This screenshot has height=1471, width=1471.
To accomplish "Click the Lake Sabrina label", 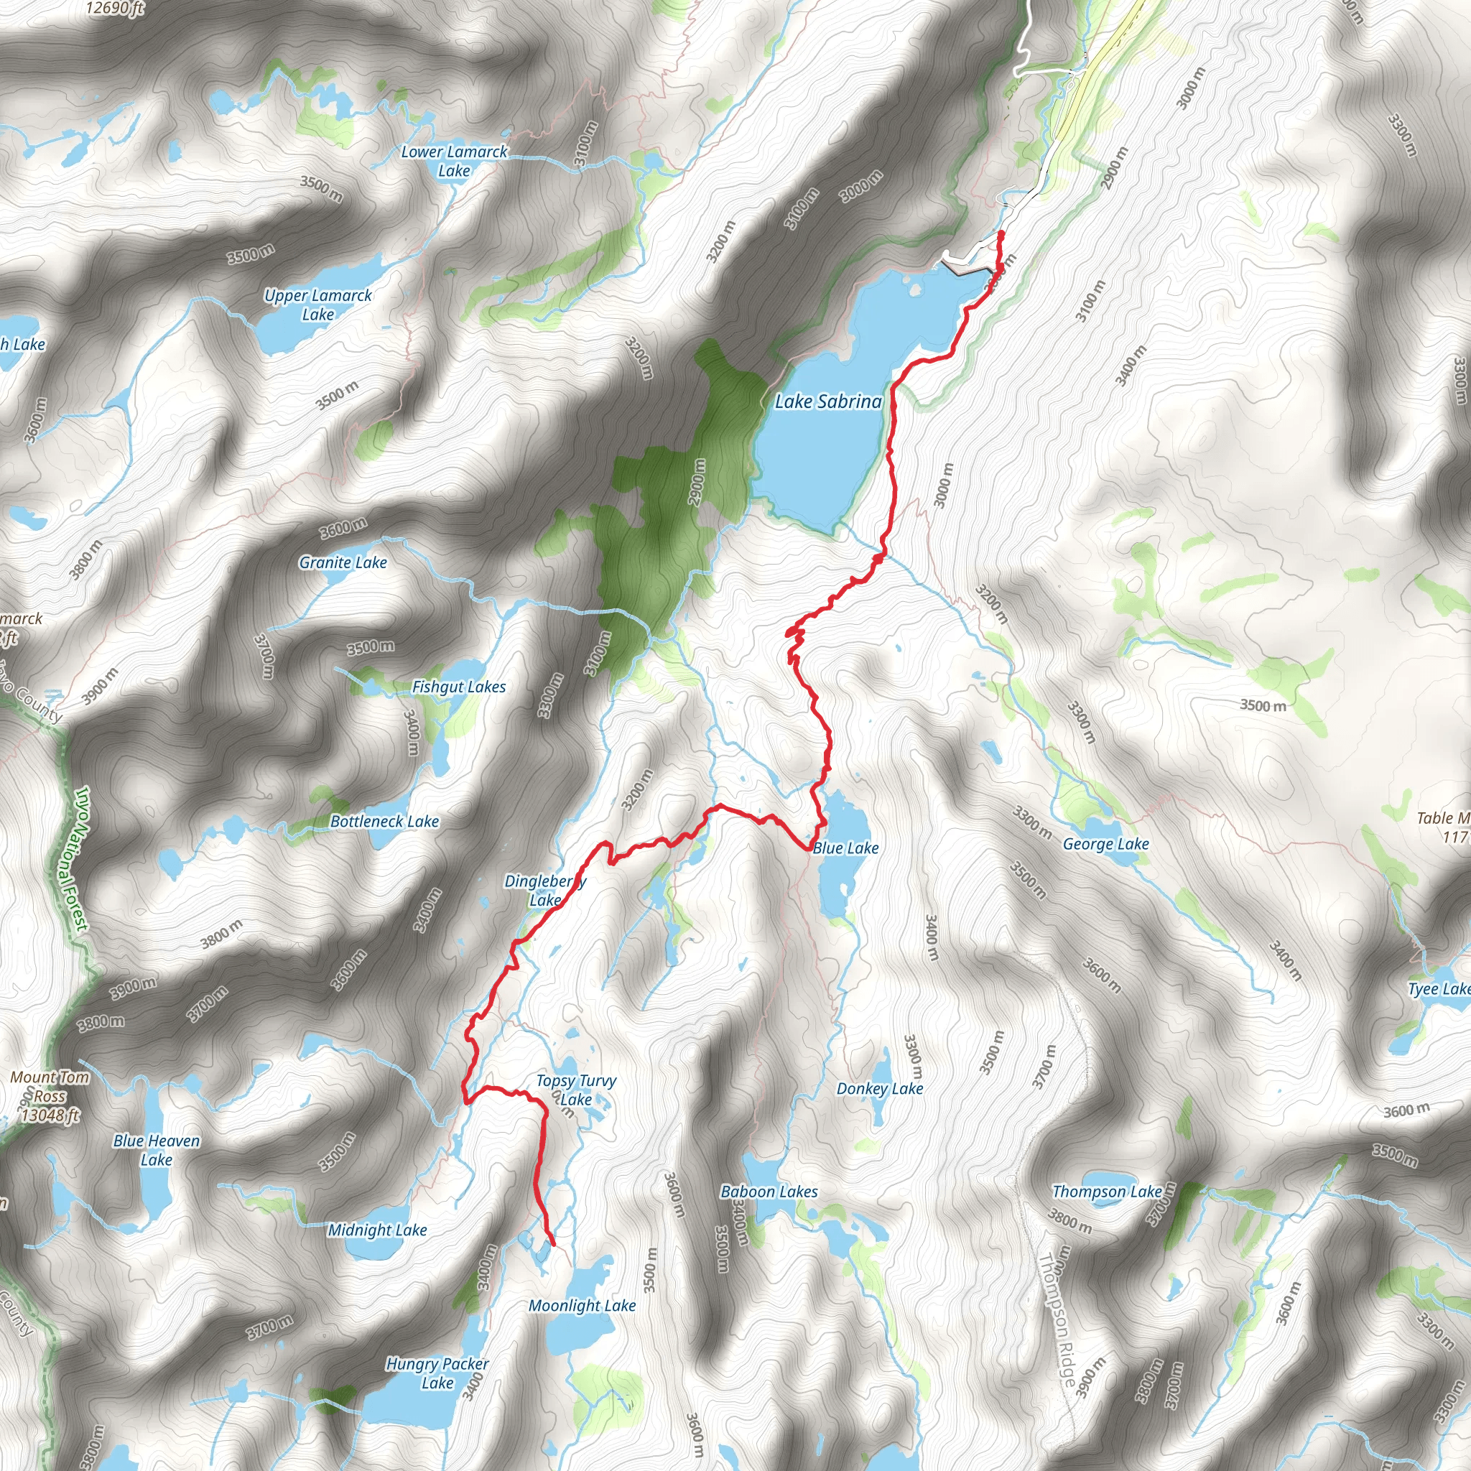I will pos(828,402).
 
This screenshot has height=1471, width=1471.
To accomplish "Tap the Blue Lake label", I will pos(846,848).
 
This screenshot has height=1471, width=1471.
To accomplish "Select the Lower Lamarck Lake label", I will pos(454,162).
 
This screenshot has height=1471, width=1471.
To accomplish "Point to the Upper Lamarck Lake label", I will pos(318,305).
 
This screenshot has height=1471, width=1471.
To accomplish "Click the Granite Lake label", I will pos(343,562).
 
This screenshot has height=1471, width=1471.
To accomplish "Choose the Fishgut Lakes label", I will pos(459,687).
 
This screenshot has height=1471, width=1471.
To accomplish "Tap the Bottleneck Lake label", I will pos(384,822).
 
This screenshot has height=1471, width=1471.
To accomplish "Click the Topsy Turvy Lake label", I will pos(576,1090).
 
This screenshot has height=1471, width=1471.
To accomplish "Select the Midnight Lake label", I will pos(378,1230).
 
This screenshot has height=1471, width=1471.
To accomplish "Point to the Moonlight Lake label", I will pos(583,1306).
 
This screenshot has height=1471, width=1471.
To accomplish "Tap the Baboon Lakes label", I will pos(769,1192).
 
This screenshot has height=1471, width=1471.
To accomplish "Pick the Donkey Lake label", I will pos(880,1089).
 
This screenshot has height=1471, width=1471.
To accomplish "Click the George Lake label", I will pos(1106,844).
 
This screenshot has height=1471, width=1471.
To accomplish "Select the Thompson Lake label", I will pos(1107,1192).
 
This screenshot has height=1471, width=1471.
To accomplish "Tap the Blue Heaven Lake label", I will pos(157,1151).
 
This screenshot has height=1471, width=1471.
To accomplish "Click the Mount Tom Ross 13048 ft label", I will pos(50,1096).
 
